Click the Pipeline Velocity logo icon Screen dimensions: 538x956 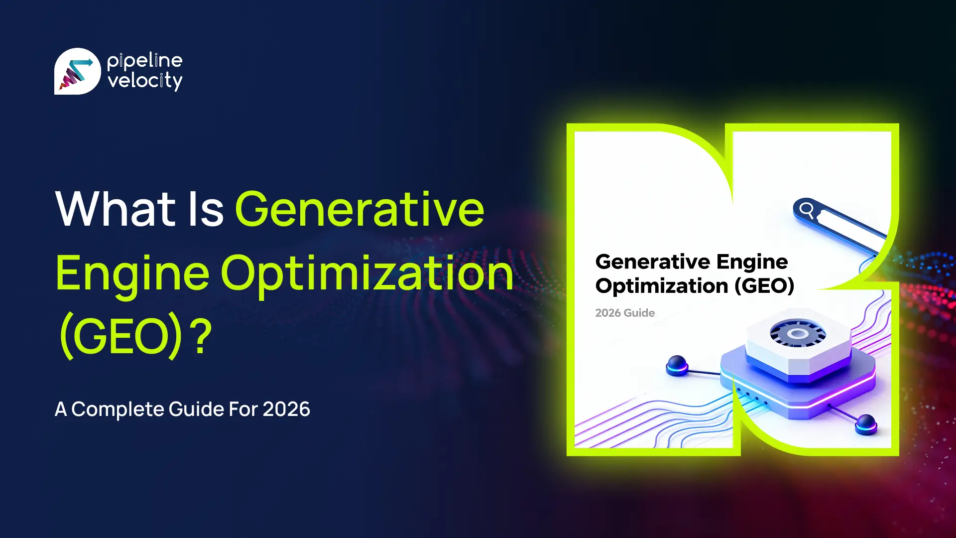(x=77, y=71)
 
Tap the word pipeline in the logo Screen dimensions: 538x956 (x=144, y=61)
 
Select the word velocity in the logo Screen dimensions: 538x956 (x=145, y=81)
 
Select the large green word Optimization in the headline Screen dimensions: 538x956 (x=367, y=273)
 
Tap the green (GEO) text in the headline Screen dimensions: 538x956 (x=121, y=337)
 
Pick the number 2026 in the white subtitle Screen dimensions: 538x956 (x=286, y=409)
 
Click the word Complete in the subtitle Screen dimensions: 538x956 (x=118, y=409)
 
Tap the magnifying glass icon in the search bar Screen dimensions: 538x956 (x=807, y=210)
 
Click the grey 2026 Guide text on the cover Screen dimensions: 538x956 (x=625, y=313)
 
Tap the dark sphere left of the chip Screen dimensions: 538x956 (x=677, y=365)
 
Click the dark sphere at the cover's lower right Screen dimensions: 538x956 (x=866, y=424)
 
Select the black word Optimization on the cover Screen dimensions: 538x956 (x=662, y=286)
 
